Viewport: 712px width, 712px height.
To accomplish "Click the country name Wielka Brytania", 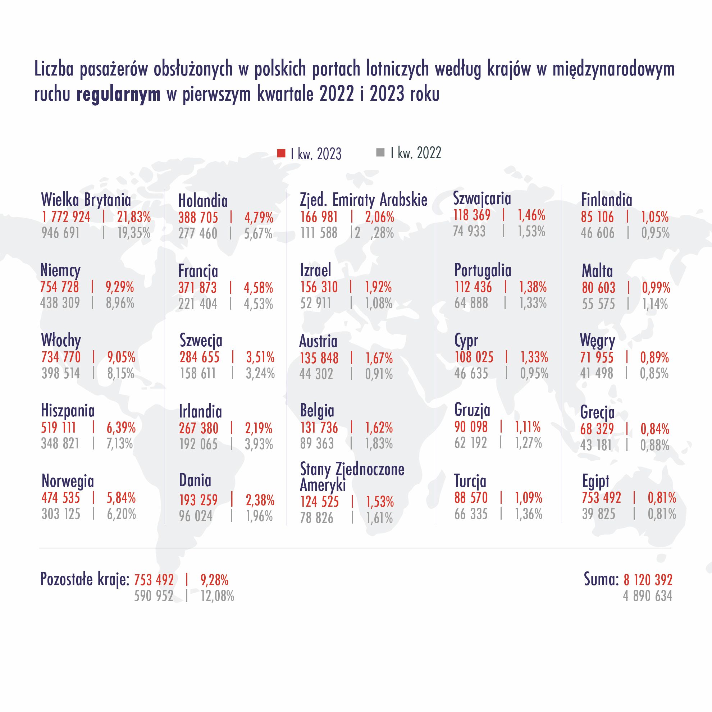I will pos(86,200).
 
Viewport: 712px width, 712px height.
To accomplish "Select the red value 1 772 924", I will pos(66,217).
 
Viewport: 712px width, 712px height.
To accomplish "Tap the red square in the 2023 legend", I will pos(281,153).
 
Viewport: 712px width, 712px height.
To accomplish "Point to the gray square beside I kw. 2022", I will pos(380,152).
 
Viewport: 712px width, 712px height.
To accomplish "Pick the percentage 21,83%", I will pos(134,217).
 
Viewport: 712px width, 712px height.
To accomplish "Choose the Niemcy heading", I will pos(60,271).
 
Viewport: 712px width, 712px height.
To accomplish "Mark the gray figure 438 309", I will pos(60,303).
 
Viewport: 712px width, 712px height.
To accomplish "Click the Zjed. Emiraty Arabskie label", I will pos(363,200).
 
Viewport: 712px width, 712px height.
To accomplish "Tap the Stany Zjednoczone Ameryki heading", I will pos(352,477).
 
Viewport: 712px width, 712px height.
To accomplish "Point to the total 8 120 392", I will pos(648,580).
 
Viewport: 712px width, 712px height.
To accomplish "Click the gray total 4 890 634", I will pos(648,596).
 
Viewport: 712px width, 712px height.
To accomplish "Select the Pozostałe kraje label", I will pos(85,579).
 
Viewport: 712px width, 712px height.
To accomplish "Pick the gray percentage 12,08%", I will pos(217,596).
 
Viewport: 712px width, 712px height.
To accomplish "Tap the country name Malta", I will pos(597,271).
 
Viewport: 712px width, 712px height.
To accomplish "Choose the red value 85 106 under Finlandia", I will pos(597,217).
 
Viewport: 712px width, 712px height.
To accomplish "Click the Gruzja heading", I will pos(472,410).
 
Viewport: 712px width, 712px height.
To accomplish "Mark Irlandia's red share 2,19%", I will pos(259,428).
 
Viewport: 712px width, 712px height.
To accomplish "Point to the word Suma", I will pos(601,579).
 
